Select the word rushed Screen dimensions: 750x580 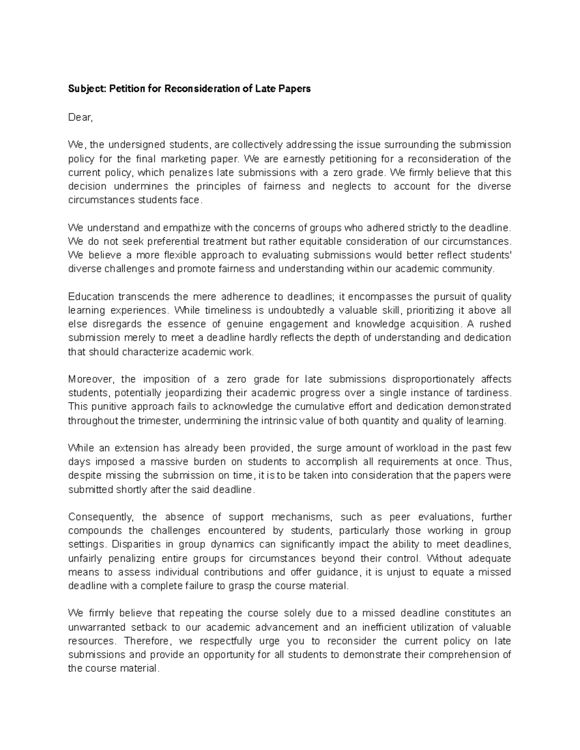click(x=493, y=324)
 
